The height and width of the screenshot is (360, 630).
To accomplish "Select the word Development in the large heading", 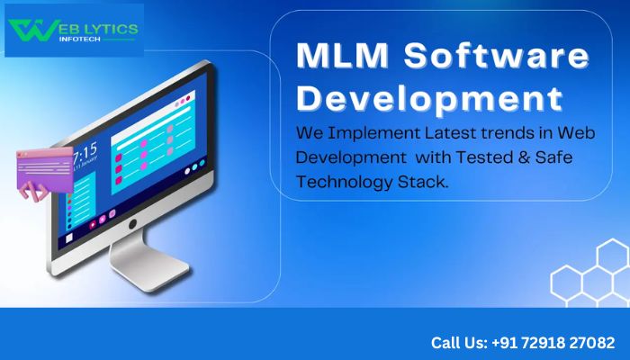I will pyautogui.click(x=430, y=95).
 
